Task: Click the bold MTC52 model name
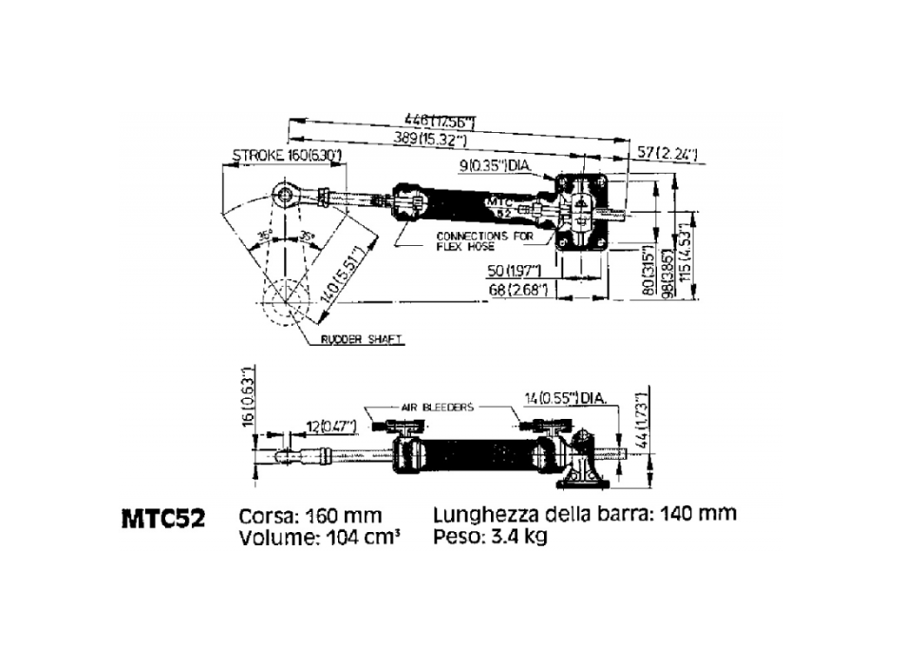pyautogui.click(x=163, y=521)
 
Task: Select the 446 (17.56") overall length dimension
pyautogui.click(x=439, y=122)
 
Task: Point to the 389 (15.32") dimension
pyautogui.click(x=431, y=139)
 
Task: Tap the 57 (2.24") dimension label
pyautogui.click(x=670, y=152)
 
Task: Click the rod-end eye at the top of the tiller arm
pyautogui.click(x=285, y=196)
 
